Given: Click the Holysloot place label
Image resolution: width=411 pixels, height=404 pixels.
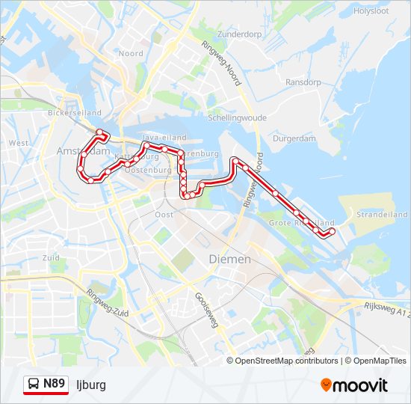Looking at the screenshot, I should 371,11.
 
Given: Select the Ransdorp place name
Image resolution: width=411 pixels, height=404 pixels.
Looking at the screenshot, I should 303,82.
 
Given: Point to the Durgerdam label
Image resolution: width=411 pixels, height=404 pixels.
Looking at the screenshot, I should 294,138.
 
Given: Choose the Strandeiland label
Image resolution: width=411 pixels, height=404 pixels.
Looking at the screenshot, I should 382,213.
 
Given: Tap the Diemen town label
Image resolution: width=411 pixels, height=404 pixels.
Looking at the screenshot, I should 230,259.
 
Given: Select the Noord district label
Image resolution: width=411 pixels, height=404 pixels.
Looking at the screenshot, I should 131,54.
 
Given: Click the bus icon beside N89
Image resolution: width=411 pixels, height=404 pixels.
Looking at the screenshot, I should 34,385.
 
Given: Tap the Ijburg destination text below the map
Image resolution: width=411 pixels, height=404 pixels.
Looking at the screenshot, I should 91,385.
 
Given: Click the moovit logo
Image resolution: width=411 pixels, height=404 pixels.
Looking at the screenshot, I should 354,385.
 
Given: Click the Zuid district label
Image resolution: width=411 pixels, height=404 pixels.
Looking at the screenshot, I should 51,257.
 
